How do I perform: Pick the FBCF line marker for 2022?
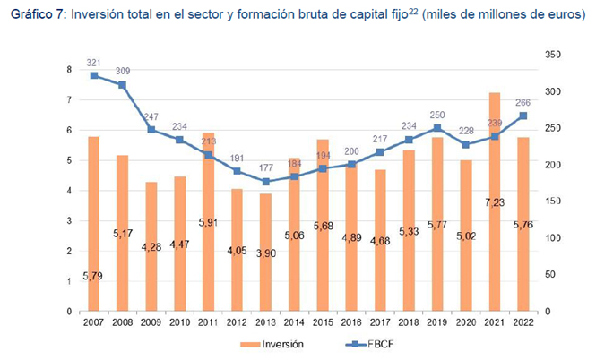click(x=522, y=116)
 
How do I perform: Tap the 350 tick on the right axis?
click(x=553, y=56)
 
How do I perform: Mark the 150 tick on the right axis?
click(x=553, y=201)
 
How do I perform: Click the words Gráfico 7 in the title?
click(x=33, y=15)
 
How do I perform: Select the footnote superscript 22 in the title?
click(x=415, y=11)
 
